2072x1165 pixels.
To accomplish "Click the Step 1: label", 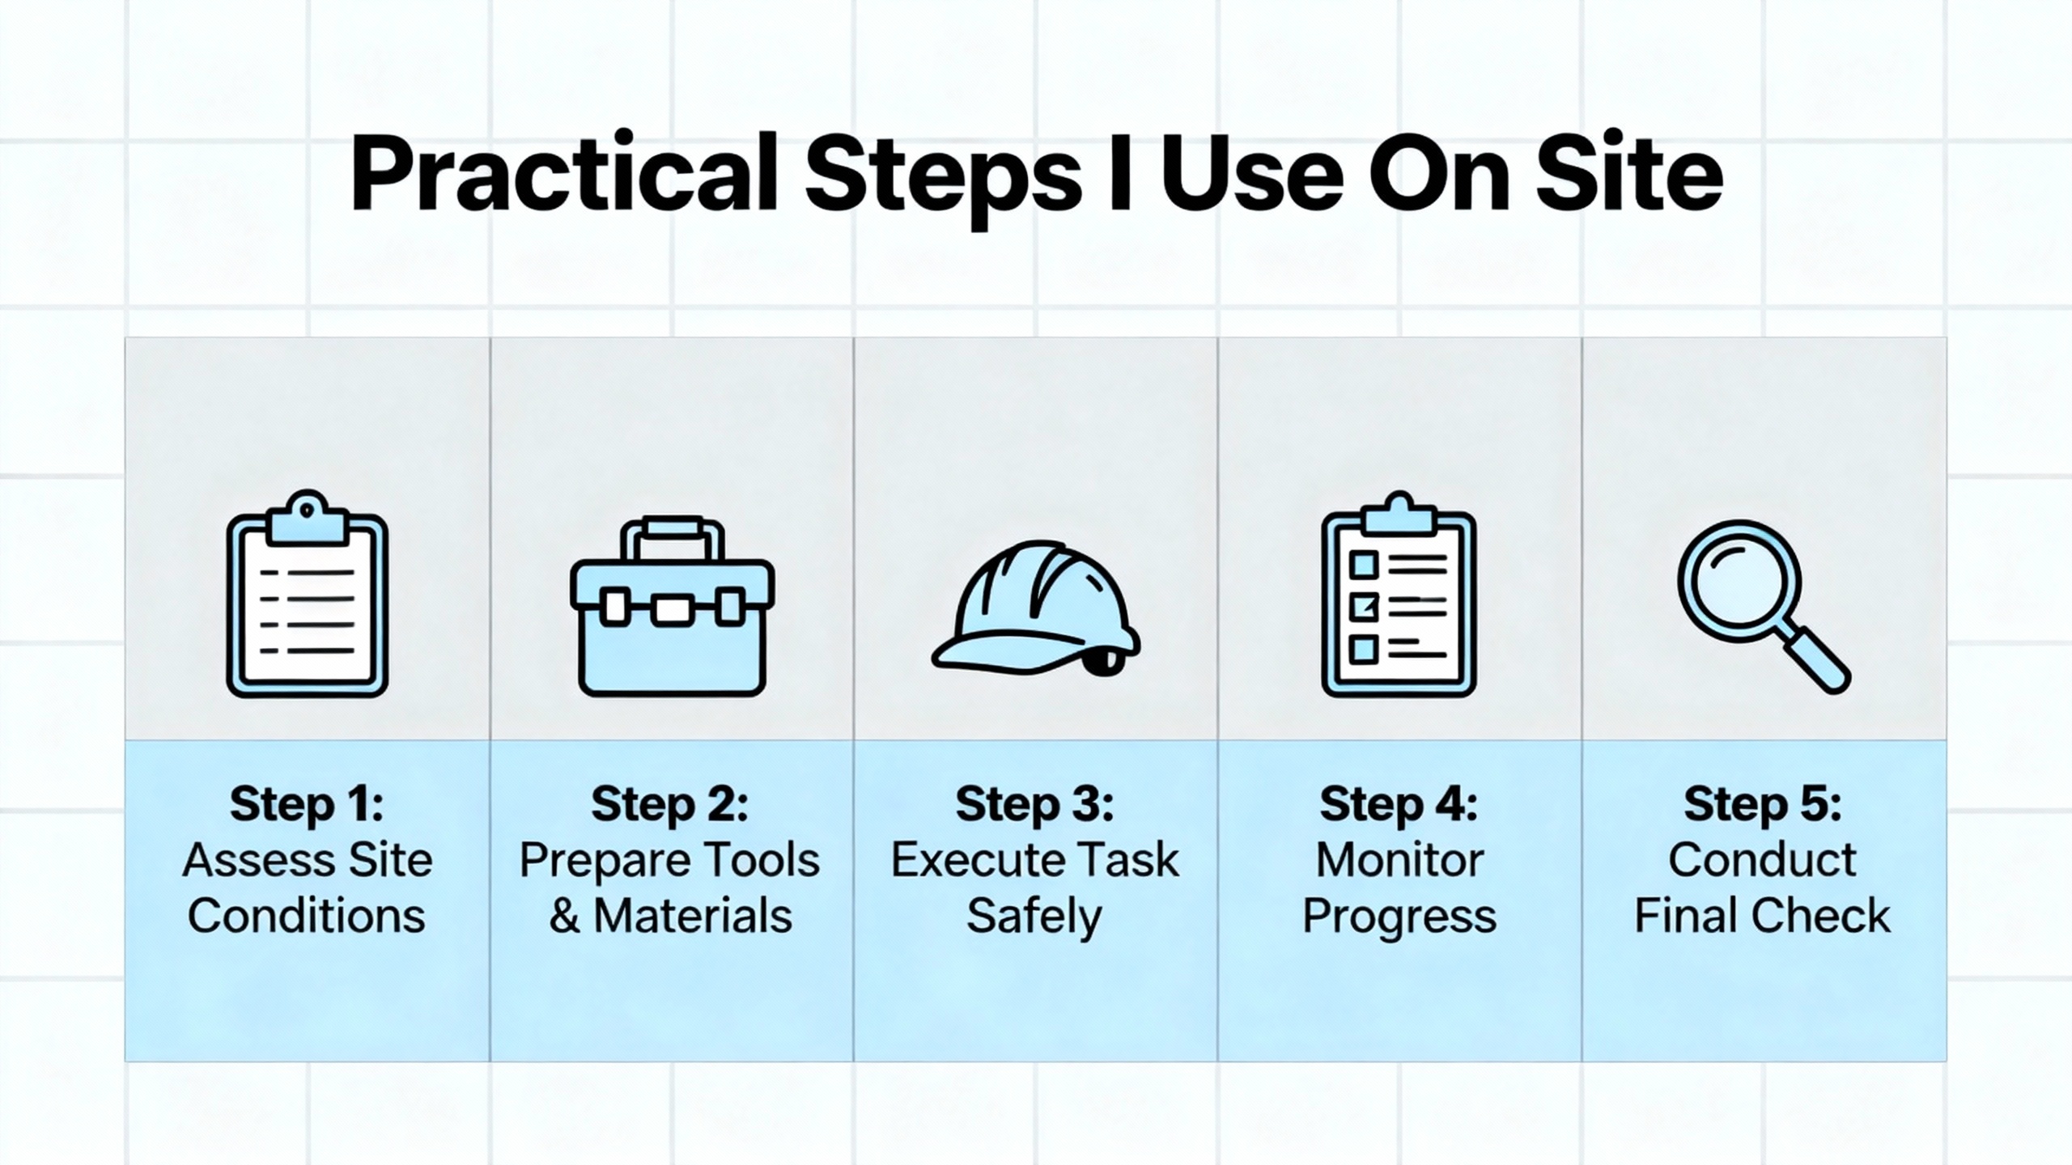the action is pos(307,804).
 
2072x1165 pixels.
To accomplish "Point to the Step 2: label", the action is pos(670,804).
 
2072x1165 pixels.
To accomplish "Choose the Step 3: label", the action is pos(1034,804).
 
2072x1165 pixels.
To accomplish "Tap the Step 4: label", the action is pos(1399,804).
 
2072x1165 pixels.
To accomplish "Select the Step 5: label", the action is pos(1763,804).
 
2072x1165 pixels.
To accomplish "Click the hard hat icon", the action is pos(1036,607).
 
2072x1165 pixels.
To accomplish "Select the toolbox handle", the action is pos(672,538).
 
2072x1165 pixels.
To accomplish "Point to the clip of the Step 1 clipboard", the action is pos(307,518).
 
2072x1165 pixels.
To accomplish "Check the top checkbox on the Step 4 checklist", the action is pos(1364,564).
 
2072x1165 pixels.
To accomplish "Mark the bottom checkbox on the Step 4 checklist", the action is pos(1364,648).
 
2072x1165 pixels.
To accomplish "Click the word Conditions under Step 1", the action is pos(307,916).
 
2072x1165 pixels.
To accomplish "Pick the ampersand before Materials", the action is pos(564,916).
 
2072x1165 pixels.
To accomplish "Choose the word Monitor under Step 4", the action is pos(1399,860).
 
